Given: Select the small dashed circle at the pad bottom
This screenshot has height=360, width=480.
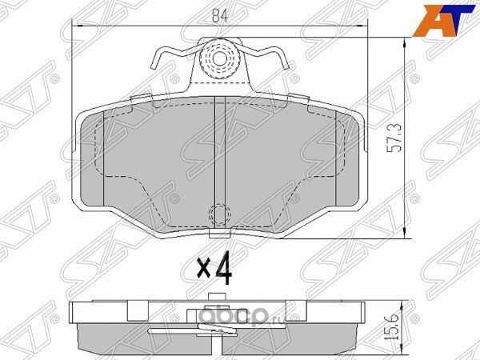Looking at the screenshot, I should (x=218, y=215).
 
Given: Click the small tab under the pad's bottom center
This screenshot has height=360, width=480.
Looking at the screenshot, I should (x=218, y=233).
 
